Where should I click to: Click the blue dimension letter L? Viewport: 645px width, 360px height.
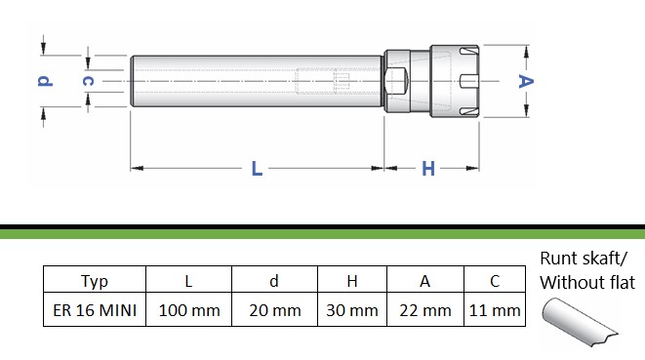(257, 169)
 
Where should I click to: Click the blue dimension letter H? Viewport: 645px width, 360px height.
(428, 169)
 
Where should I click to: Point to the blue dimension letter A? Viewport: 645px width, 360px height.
(525, 81)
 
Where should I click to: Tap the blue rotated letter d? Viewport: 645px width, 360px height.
(45, 80)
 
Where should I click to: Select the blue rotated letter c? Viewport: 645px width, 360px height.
(88, 81)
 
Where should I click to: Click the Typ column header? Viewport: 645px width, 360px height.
(95, 281)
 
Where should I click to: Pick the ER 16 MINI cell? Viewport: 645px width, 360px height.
(95, 310)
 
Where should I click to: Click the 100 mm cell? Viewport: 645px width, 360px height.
(189, 310)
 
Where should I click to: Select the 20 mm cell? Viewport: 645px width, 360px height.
(275, 310)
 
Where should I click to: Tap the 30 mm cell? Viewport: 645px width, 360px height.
(352, 310)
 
